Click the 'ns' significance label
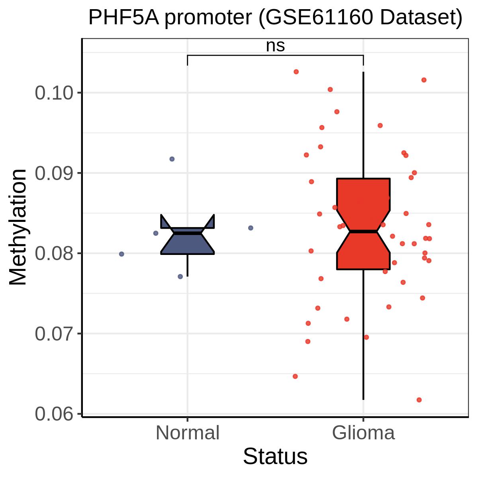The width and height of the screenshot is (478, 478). pyautogui.click(x=275, y=46)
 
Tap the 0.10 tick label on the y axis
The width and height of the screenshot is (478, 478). pyautogui.click(x=55, y=93)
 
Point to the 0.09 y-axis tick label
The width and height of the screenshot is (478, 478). pyautogui.click(x=55, y=173)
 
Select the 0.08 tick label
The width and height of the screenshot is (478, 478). pyautogui.click(x=55, y=253)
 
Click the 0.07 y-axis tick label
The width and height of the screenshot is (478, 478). pyautogui.click(x=55, y=334)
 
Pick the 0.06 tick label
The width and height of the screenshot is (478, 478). pyautogui.click(x=55, y=414)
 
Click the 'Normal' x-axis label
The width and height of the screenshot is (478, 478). pyautogui.click(x=187, y=433)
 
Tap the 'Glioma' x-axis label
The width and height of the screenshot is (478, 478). pyautogui.click(x=363, y=433)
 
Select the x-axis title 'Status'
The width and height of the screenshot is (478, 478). pyautogui.click(x=275, y=456)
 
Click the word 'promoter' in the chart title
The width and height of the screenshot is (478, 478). pyautogui.click(x=208, y=18)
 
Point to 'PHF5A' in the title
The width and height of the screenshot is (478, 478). pyautogui.click(x=123, y=18)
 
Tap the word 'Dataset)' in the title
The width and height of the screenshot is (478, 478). pyautogui.click(x=421, y=18)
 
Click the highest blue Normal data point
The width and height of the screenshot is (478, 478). pyautogui.click(x=172, y=159)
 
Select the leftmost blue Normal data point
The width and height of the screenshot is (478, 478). pyautogui.click(x=121, y=254)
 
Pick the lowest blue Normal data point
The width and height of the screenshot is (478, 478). pyautogui.click(x=180, y=276)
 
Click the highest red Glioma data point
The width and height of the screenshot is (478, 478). pyautogui.click(x=296, y=72)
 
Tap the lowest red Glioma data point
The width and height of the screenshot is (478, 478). pyautogui.click(x=419, y=400)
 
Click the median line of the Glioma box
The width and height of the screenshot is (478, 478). pyautogui.click(x=363, y=231)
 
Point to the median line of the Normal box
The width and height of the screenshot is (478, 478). pyautogui.click(x=187, y=233)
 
